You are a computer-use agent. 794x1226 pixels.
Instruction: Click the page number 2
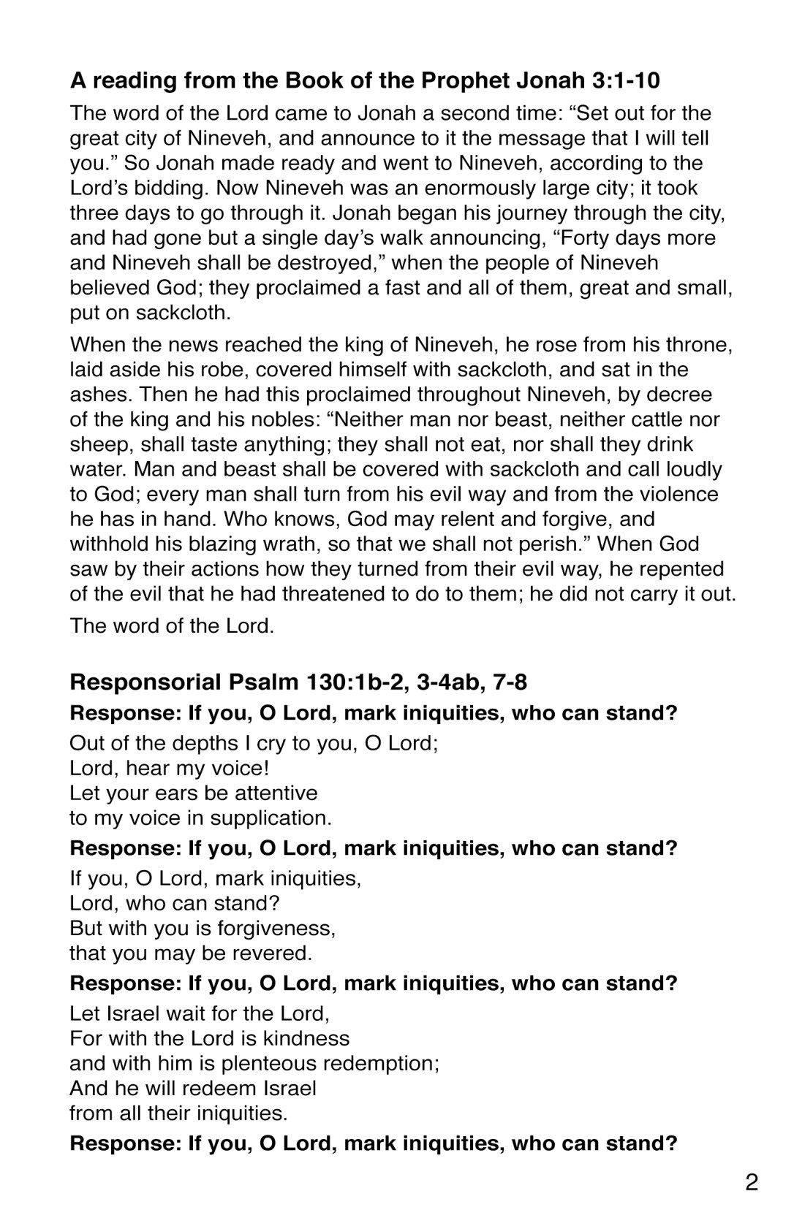(752, 1182)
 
